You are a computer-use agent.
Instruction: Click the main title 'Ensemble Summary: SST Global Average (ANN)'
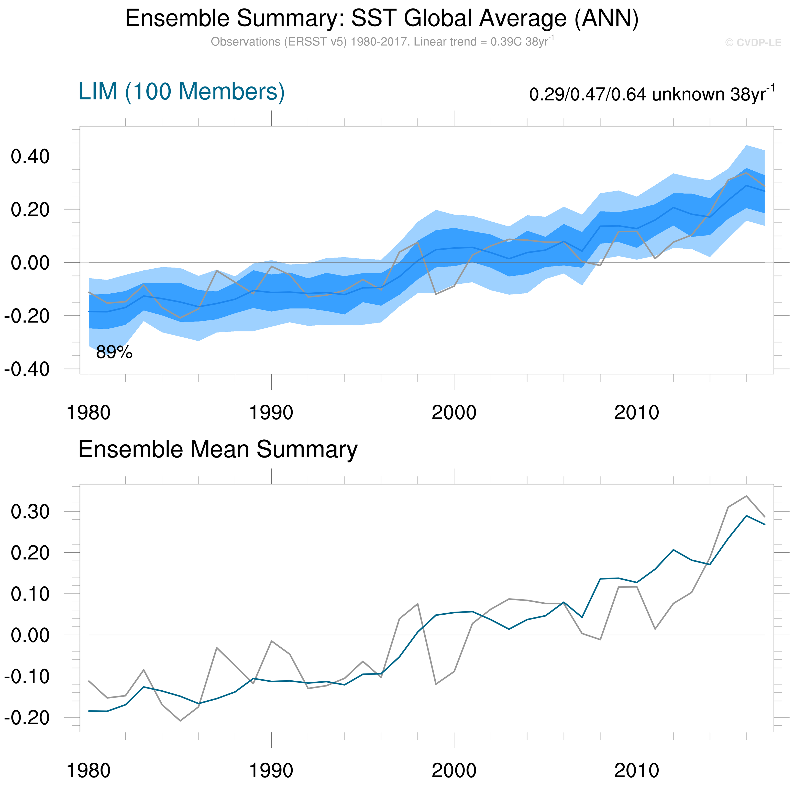tap(382, 18)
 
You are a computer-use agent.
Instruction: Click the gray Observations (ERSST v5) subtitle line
tap(382, 42)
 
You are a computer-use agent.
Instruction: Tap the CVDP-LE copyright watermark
tap(753, 43)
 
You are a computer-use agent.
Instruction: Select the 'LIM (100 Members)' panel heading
tap(181, 91)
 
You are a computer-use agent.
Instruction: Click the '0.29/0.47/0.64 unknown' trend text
tap(652, 94)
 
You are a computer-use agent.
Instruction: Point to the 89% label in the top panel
tap(114, 352)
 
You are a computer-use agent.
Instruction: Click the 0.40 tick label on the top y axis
tap(30, 157)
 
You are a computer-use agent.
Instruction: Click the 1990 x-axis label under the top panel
tap(271, 413)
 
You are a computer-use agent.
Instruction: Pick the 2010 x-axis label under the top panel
tap(637, 413)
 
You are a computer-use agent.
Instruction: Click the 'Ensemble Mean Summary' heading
tap(218, 449)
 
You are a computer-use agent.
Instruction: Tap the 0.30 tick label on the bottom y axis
tap(30, 512)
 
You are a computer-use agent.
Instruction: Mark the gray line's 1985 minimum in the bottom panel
tap(180, 721)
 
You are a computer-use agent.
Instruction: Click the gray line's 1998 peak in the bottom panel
tap(417, 604)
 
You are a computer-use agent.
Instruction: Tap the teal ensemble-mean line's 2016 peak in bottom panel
tap(746, 516)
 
